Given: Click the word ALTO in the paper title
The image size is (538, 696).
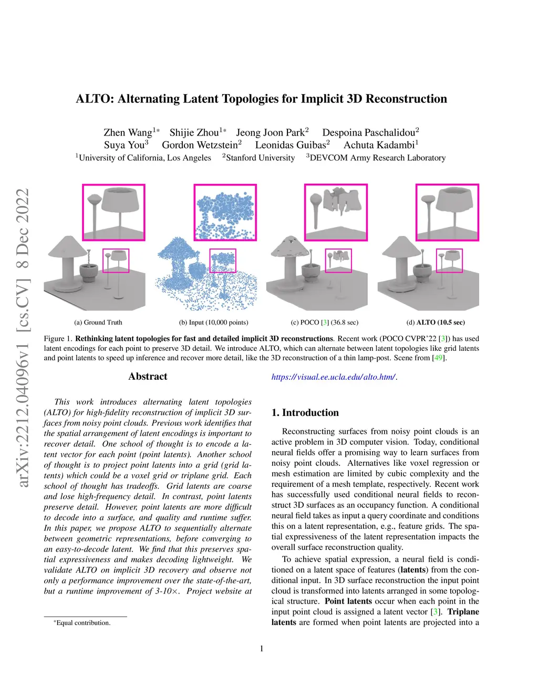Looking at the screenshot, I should pyautogui.click(x=94, y=99).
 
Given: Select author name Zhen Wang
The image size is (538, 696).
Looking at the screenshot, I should pyautogui.click(x=128, y=132).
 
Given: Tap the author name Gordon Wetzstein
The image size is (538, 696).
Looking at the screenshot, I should pyautogui.click(x=200, y=145).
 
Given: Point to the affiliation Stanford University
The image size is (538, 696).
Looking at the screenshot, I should pyautogui.click(x=260, y=158).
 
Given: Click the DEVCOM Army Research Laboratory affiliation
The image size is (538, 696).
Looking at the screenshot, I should pyautogui.click(x=377, y=158).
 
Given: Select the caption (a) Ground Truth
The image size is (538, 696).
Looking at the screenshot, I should pyautogui.click(x=98, y=322).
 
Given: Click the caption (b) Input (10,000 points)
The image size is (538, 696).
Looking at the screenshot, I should pyautogui.click(x=214, y=322).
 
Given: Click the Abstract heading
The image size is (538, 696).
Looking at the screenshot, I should pyautogui.click(x=148, y=376).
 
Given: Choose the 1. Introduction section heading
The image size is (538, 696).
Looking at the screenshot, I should pyautogui.click(x=305, y=412).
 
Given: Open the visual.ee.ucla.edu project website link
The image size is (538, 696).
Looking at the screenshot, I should pyautogui.click(x=334, y=377).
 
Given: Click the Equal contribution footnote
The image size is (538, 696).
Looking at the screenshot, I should pyautogui.click(x=83, y=622).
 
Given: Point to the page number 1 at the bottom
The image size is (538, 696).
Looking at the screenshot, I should pyautogui.click(x=262, y=649).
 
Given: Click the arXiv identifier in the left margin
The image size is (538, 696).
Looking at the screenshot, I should pyautogui.click(x=23, y=336).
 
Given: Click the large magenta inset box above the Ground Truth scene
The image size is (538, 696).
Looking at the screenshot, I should pyautogui.click(x=113, y=212).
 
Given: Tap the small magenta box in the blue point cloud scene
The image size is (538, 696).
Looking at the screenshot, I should pyautogui.click(x=223, y=261).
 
